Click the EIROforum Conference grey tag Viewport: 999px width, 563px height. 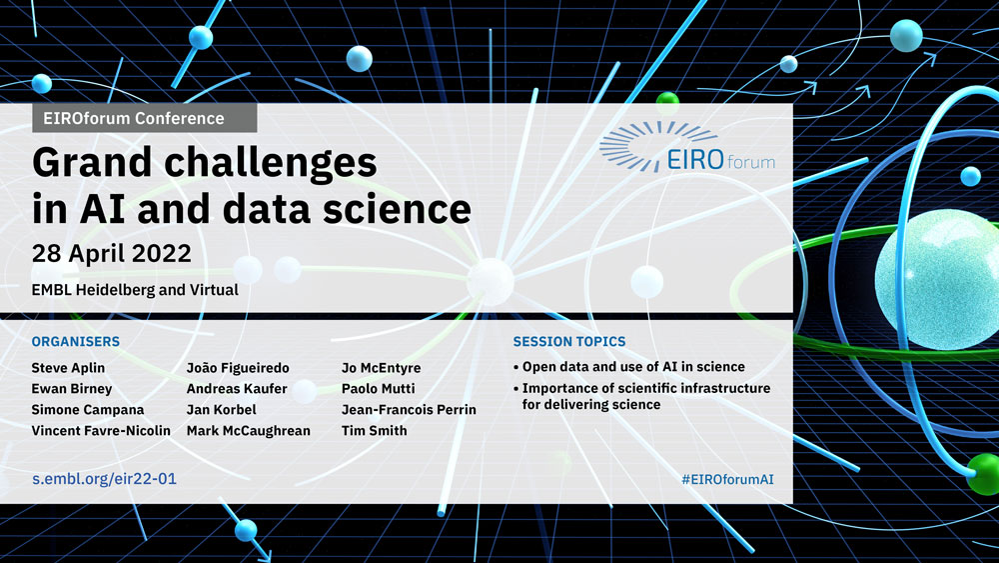pyautogui.click(x=145, y=118)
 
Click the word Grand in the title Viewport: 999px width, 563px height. pyautogui.click(x=92, y=163)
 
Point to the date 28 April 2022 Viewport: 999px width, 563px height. pyautogui.click(x=112, y=253)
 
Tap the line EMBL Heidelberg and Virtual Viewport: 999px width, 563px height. pyautogui.click(x=135, y=290)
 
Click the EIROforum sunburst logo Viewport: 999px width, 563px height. pyautogui.click(x=687, y=148)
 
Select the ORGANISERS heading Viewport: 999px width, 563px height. pyautogui.click(x=76, y=342)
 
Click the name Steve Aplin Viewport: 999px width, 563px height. pyautogui.click(x=68, y=368)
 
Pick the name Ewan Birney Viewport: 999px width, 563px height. pyautogui.click(x=72, y=389)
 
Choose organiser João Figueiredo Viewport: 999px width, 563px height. pyautogui.click(x=238, y=368)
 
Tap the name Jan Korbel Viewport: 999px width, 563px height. pyautogui.click(x=221, y=410)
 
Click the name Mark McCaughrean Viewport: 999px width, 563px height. pyautogui.click(x=249, y=431)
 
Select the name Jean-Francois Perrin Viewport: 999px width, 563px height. pyautogui.click(x=409, y=410)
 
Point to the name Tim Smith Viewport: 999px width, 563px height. pyautogui.click(x=374, y=431)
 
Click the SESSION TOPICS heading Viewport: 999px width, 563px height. pyautogui.click(x=569, y=342)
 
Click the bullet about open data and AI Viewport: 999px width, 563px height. pyautogui.click(x=628, y=367)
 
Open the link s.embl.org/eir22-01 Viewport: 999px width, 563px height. pyautogui.click(x=105, y=479)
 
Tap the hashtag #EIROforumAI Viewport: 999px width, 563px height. pyautogui.click(x=727, y=479)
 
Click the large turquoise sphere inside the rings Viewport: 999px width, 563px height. pyautogui.click(x=937, y=280)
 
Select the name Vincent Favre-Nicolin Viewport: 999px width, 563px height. pyautogui.click(x=101, y=431)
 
